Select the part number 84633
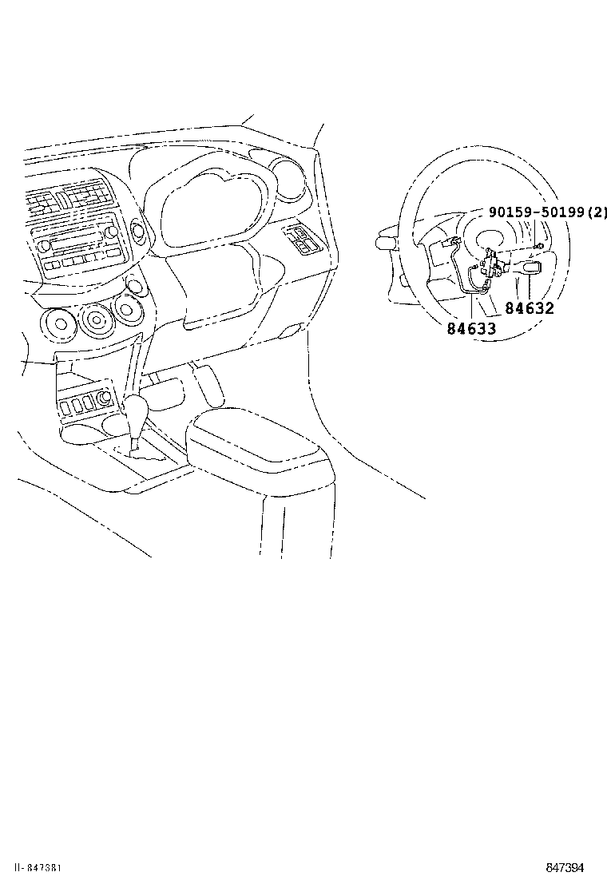470,328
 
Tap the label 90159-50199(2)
548,212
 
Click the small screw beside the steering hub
540,247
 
